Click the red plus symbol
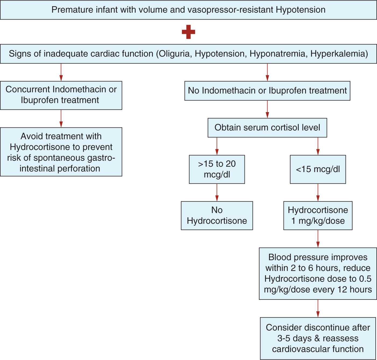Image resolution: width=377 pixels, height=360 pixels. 188,32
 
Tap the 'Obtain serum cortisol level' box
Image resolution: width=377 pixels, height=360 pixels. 267,127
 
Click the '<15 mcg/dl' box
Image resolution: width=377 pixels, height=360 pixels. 318,169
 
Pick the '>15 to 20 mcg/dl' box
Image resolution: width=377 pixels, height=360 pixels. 217,169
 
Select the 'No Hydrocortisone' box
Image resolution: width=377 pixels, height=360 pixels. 217,215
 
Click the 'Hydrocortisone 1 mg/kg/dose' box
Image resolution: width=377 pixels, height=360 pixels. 318,215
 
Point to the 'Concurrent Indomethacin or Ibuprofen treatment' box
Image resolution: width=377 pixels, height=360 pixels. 61,95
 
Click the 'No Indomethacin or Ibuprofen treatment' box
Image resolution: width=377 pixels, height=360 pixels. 267,91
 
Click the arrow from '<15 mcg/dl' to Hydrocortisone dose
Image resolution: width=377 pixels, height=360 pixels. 318,193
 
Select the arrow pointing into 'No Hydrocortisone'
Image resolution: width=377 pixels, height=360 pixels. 217,193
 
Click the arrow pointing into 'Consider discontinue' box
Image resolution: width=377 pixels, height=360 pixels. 318,309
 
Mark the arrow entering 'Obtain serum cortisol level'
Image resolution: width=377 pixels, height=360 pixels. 267,109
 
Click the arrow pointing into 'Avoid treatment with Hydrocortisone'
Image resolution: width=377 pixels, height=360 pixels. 61,119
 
